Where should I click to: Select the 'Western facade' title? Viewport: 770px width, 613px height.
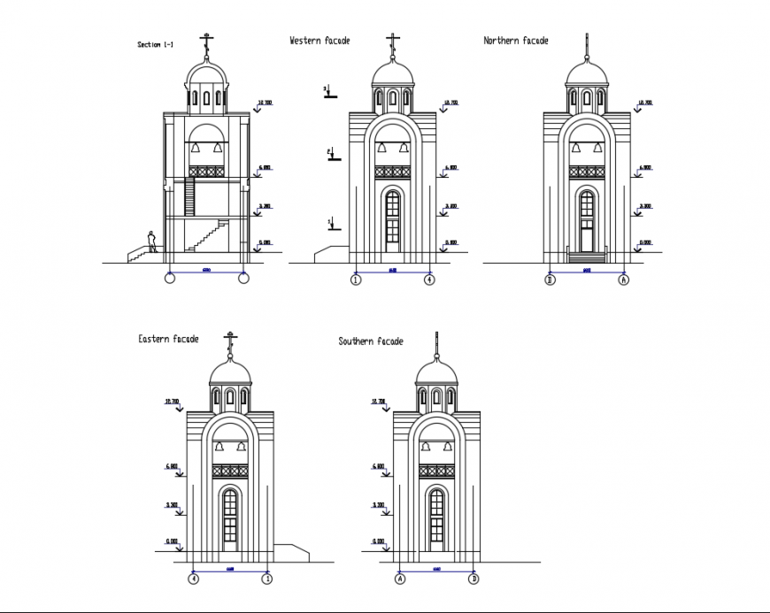[x=320, y=41]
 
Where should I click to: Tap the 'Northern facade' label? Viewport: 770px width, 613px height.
[x=515, y=41]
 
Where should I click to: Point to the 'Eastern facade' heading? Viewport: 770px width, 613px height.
[x=168, y=339]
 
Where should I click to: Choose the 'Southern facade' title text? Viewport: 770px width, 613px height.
[x=370, y=341]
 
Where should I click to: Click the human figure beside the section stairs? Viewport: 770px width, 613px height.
[x=152, y=241]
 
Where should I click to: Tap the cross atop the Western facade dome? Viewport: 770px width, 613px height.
[x=392, y=41]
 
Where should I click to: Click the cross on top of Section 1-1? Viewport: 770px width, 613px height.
[x=207, y=41]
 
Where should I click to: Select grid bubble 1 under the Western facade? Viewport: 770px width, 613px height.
[x=355, y=280]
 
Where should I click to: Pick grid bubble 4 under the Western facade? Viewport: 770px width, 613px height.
[x=429, y=280]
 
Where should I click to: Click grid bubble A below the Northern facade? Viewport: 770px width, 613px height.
[x=623, y=280]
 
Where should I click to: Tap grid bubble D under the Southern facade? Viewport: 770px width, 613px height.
[x=474, y=579]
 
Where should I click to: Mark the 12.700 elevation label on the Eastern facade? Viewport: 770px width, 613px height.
[x=172, y=402]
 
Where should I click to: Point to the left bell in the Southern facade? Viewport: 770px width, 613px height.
[x=425, y=448]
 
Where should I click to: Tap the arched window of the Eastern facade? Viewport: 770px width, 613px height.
[x=230, y=517]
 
